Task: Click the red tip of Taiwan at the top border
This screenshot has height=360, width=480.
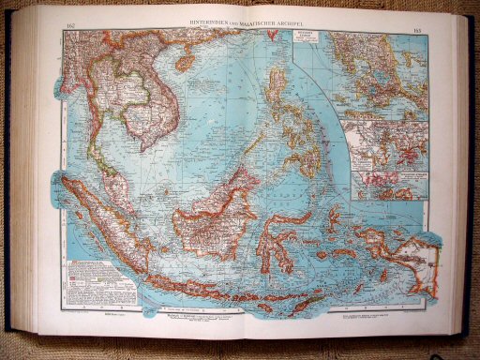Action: [x=280, y=37]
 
